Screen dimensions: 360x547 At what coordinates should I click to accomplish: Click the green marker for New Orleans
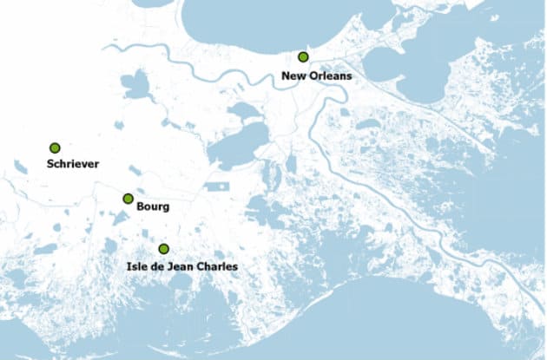coord(303,56)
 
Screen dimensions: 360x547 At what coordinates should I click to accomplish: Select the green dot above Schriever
coord(55,148)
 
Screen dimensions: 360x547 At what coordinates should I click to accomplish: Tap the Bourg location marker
coord(128,199)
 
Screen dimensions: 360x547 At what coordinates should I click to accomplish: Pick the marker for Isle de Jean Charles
coord(163,249)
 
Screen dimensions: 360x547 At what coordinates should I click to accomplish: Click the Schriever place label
coord(74,164)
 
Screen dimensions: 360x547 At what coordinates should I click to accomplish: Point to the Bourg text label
coord(153,207)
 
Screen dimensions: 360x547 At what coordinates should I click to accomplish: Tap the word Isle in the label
coord(127,266)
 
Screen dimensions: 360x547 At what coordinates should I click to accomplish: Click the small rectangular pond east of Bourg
coord(216,186)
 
